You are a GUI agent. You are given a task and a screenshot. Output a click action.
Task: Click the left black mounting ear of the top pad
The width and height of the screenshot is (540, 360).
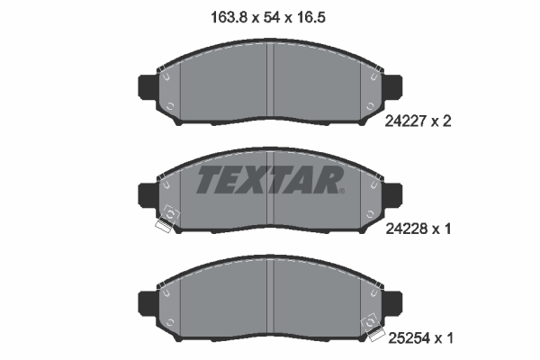[x=147, y=86]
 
